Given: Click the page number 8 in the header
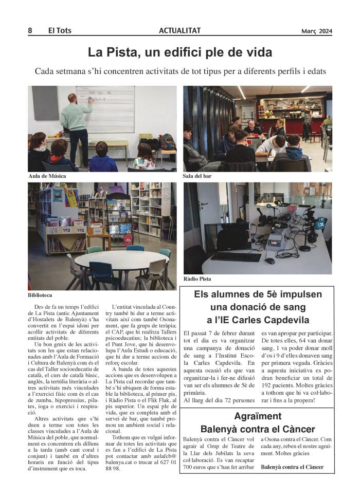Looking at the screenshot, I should [x=30, y=31].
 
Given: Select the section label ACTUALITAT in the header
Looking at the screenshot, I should [x=179, y=31].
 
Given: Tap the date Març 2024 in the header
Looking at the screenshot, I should [x=317, y=31].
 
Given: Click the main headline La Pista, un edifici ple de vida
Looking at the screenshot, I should [x=180, y=52].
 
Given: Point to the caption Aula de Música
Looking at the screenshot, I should [x=47, y=176].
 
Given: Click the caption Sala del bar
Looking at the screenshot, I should [x=197, y=176].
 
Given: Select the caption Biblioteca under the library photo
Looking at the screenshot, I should [x=40, y=295].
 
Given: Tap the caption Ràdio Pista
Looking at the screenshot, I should [x=197, y=279].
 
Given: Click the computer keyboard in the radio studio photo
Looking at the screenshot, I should [x=236, y=255].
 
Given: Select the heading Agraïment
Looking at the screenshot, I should [x=258, y=416].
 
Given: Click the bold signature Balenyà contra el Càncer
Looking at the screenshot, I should [x=292, y=467].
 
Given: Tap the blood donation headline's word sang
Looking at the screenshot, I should [x=307, y=307].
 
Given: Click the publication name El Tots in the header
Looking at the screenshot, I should [x=60, y=31].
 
